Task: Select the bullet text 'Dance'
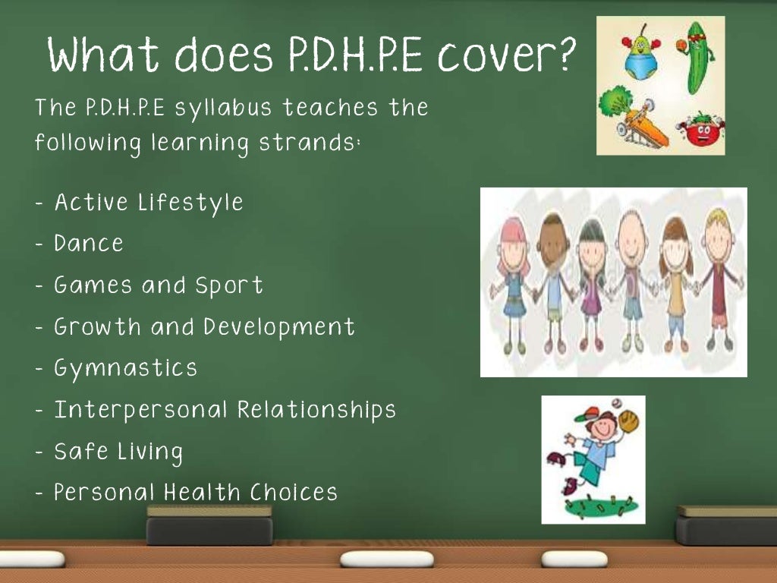coord(89,244)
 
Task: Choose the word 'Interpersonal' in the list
coord(140,411)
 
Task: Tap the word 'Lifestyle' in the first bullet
coord(190,203)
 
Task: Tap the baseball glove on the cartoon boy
coord(628,421)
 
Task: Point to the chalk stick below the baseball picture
coord(574,559)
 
